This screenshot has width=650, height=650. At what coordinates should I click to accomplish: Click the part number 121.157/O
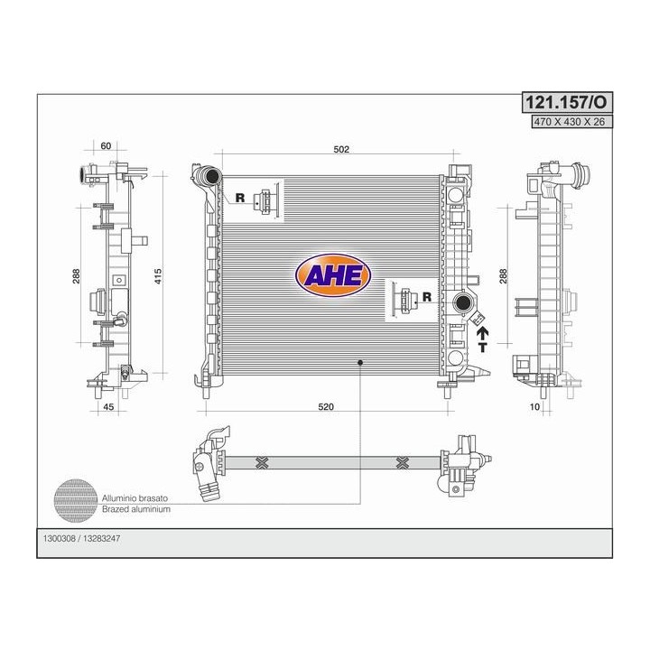coord(566,102)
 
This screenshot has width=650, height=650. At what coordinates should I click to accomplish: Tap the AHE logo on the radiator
coord(333,275)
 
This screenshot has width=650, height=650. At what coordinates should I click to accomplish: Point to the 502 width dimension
coord(341,150)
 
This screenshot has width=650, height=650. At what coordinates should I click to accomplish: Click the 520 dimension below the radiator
coord(325,407)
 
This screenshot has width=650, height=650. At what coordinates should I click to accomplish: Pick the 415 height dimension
coord(158,276)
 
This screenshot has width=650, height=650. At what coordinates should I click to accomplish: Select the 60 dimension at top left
coord(106,146)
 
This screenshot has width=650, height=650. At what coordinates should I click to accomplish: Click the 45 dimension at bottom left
coord(108,407)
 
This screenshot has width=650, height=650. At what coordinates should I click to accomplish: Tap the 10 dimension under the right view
coord(534,407)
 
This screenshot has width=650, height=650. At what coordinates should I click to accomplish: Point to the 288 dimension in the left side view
coord(76,276)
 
